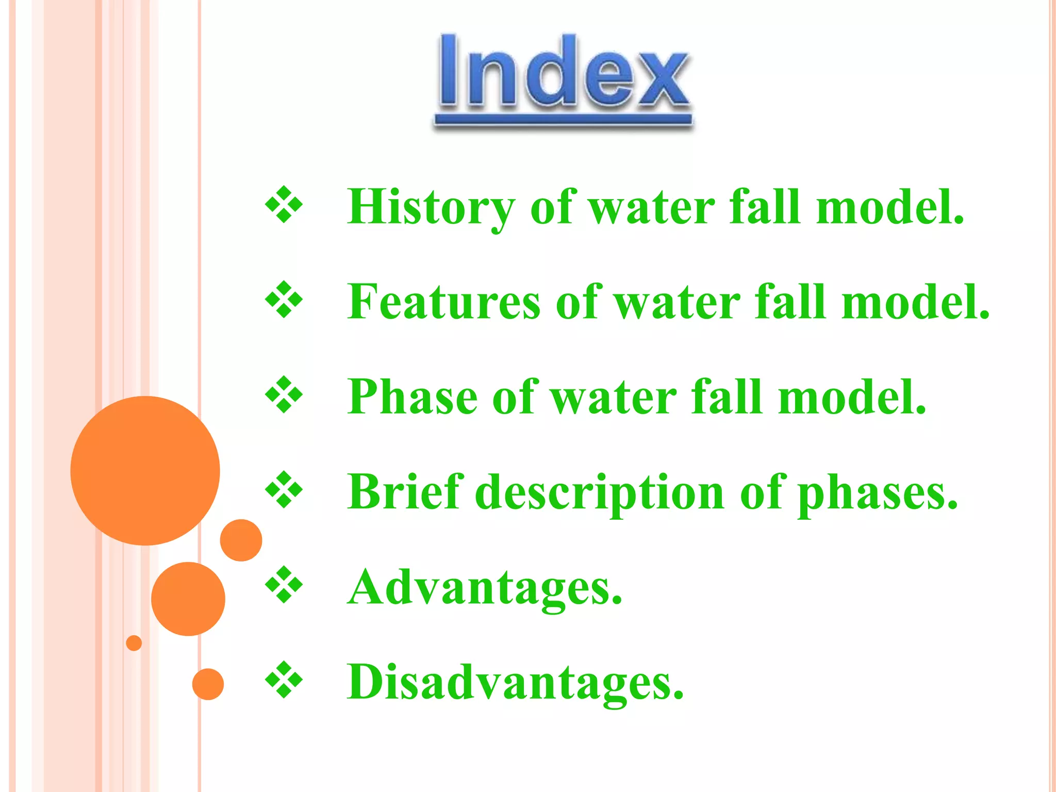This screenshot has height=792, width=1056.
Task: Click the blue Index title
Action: (563, 72)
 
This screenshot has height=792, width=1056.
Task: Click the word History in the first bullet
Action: (431, 207)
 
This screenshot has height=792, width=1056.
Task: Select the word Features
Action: (443, 302)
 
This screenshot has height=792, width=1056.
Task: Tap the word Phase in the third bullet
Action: (412, 397)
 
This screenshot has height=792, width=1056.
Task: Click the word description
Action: (600, 493)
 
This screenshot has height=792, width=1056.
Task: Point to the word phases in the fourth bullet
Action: (877, 493)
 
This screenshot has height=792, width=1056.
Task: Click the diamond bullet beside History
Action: (284, 205)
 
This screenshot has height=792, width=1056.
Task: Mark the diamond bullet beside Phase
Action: (284, 395)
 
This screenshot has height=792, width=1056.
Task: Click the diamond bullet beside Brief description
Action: (284, 490)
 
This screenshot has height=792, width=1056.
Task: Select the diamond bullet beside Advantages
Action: (284, 585)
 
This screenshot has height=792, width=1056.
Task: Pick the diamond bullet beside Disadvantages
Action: (284, 680)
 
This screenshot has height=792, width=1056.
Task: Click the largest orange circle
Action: (145, 470)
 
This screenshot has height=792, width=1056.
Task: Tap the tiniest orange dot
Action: (134, 643)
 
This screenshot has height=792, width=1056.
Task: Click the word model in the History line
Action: (889, 207)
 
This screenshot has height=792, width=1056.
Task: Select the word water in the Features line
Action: (678, 302)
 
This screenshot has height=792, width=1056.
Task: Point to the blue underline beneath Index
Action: (563, 120)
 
